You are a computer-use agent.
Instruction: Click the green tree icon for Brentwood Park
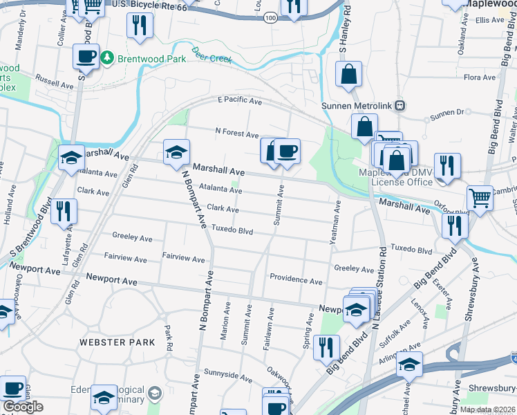point(106,57)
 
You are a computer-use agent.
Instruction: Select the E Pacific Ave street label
point(239,101)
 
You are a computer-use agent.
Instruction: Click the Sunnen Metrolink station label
point(357,106)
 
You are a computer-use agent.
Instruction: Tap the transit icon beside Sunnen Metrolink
point(400,106)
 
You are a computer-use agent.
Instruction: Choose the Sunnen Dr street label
point(446,111)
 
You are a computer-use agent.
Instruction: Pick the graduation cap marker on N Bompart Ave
point(177,152)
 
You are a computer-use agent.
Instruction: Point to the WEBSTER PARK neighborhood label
point(112,342)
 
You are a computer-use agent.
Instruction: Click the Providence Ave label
point(296,282)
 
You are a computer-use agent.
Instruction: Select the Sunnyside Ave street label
point(227,377)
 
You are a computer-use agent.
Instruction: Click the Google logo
point(23,406)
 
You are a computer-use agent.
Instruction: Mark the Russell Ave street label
point(54,82)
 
